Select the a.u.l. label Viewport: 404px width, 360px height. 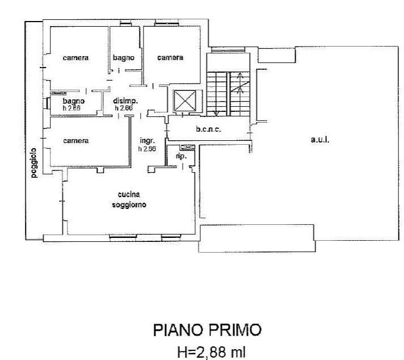(x=320, y=139)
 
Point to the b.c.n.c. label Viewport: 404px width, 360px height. (x=208, y=129)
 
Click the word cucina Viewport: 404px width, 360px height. (x=129, y=195)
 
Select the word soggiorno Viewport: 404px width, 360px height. (x=129, y=205)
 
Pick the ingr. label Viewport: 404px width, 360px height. (x=147, y=141)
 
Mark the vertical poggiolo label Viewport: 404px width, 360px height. (x=34, y=164)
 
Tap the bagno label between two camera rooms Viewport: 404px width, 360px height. (x=123, y=57)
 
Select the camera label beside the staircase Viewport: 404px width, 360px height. (x=170, y=57)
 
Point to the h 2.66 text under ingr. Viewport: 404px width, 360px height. (x=147, y=149)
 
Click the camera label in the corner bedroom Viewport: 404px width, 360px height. (x=75, y=57)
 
